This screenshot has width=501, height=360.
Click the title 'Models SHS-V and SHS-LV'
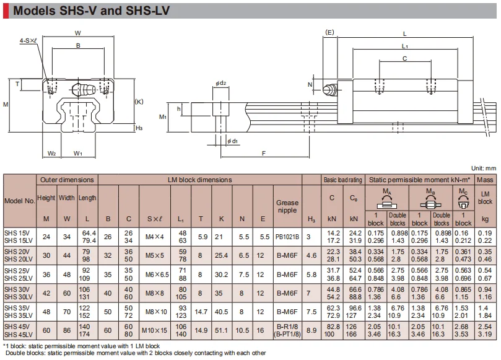click(91, 11)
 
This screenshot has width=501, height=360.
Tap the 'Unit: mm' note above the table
click(484, 168)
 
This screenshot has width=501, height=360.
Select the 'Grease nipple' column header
click(287, 206)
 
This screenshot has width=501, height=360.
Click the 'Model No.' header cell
click(19, 201)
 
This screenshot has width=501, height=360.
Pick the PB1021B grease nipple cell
click(287, 237)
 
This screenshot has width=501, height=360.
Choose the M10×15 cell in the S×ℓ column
click(154, 330)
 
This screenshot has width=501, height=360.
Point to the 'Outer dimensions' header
click(67, 180)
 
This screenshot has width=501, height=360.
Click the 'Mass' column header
click(485, 180)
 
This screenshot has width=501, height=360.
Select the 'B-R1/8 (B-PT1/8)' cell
click(287, 330)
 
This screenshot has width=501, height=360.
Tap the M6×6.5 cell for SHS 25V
click(157, 274)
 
